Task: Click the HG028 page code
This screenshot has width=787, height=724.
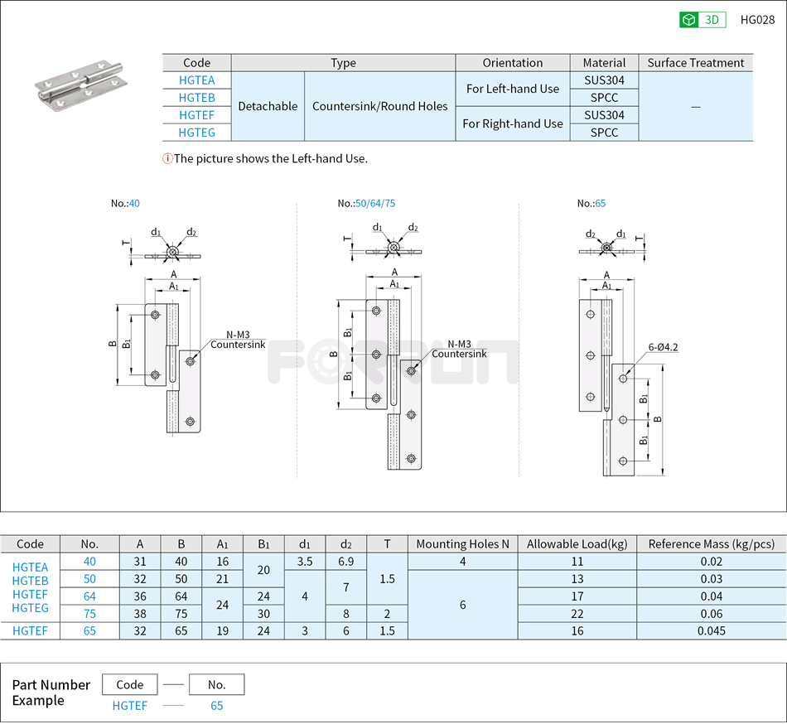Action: click(757, 20)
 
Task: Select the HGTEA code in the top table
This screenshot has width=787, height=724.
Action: click(196, 80)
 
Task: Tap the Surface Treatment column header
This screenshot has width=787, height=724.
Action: click(695, 63)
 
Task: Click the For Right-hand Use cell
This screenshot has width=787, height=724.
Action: click(512, 123)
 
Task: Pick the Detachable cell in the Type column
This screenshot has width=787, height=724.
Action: click(268, 106)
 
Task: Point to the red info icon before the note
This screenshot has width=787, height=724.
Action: click(167, 158)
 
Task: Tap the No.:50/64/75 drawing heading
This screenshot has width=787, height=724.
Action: click(366, 203)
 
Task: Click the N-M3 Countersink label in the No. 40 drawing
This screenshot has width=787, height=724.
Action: click(238, 340)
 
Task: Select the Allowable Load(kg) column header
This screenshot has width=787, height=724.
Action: click(577, 544)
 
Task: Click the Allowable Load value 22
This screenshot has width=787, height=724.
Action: click(577, 614)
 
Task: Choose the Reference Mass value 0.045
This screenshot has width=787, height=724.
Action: click(711, 631)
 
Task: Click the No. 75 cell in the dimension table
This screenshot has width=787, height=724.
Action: click(89, 614)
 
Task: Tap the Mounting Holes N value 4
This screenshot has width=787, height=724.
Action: click(462, 562)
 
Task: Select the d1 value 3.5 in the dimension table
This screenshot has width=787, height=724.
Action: click(305, 562)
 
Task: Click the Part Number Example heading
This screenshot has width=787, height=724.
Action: click(51, 693)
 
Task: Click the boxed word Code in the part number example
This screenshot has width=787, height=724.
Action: click(130, 685)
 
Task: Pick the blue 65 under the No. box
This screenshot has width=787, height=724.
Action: click(216, 706)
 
